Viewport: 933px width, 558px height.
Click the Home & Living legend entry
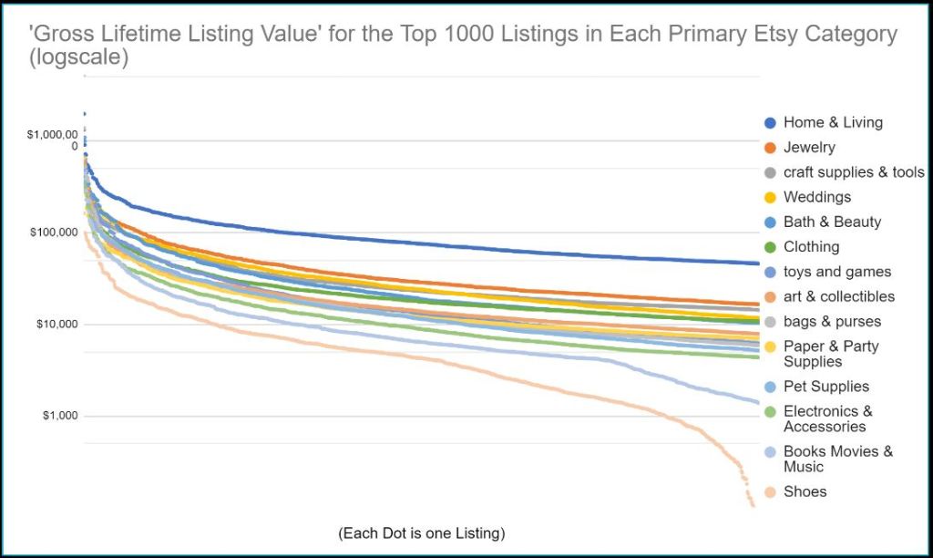(x=833, y=122)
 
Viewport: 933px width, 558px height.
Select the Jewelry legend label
(x=809, y=147)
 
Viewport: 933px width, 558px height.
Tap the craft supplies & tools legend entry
(x=854, y=172)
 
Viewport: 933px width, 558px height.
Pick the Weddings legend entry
(x=817, y=197)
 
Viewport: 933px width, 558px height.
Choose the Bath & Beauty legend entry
(x=832, y=222)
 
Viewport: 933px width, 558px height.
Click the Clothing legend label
(x=811, y=246)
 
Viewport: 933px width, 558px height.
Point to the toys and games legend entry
(x=837, y=272)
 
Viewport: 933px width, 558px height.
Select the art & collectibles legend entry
(x=839, y=296)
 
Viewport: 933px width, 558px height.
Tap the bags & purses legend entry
(x=832, y=321)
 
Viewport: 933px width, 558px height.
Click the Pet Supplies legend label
(x=826, y=387)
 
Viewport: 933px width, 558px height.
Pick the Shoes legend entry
(x=805, y=491)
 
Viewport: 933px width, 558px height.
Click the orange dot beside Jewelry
(x=770, y=148)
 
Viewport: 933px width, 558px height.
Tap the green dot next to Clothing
(x=770, y=247)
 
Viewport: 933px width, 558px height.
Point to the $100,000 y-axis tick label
(x=53, y=233)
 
